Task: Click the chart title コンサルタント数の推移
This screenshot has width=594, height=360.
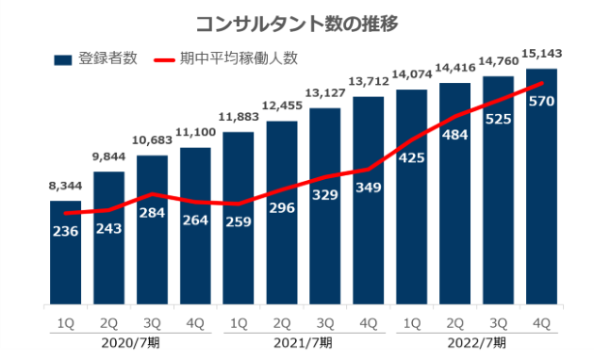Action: [x=297, y=24]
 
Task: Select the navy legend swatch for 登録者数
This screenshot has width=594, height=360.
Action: [x=63, y=60]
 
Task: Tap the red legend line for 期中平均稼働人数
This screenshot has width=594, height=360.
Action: [x=164, y=59]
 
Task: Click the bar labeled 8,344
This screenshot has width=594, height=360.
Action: [x=66, y=253]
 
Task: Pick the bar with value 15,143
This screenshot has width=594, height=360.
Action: [x=542, y=187]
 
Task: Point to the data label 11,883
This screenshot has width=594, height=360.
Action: [x=239, y=117]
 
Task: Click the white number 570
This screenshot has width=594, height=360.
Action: [x=542, y=101]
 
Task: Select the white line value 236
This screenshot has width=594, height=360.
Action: [x=66, y=231]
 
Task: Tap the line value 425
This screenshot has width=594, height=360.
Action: [x=412, y=157]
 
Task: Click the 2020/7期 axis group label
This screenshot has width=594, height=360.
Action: [x=131, y=343]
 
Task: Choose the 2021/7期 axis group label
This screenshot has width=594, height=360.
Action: [x=304, y=343]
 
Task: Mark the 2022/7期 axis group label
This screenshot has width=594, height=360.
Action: [x=476, y=343]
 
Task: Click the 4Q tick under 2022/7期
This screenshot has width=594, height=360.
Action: [x=541, y=323]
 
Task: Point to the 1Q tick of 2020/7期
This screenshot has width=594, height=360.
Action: [x=66, y=323]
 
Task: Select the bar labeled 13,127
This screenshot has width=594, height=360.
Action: [x=325, y=206]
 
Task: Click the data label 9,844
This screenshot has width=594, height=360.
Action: [x=109, y=156]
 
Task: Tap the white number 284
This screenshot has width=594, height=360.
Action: [x=152, y=213]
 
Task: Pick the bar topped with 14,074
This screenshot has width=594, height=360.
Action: [x=412, y=197]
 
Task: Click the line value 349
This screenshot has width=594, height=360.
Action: [x=369, y=187]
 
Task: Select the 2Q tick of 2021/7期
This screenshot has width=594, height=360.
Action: [x=282, y=323]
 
